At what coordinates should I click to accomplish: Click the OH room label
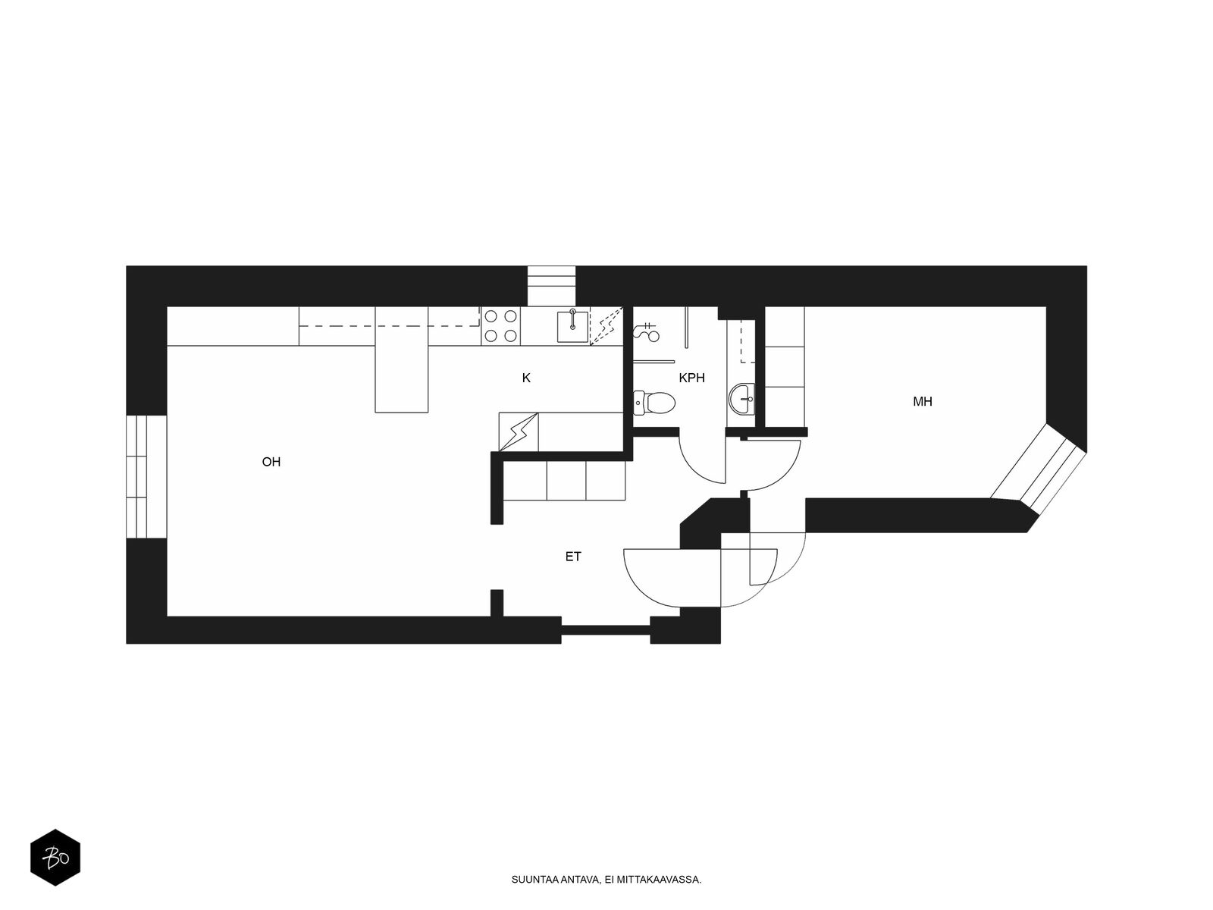point(271,462)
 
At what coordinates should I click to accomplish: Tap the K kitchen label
point(526,378)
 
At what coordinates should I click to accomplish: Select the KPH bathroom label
point(692,378)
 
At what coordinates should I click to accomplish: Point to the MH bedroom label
point(923,402)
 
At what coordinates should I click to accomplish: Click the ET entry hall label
point(573,557)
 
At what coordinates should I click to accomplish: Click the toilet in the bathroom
point(654,402)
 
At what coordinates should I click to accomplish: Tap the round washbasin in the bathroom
point(742,398)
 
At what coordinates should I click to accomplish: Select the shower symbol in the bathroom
point(647,331)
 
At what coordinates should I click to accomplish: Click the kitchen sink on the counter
point(572,327)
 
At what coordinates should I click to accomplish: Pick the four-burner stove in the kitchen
point(500,326)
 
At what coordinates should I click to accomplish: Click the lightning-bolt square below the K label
point(519,432)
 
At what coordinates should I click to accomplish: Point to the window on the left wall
point(146,476)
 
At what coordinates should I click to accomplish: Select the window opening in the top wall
point(551,286)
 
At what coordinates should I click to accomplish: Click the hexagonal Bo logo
point(55,858)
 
